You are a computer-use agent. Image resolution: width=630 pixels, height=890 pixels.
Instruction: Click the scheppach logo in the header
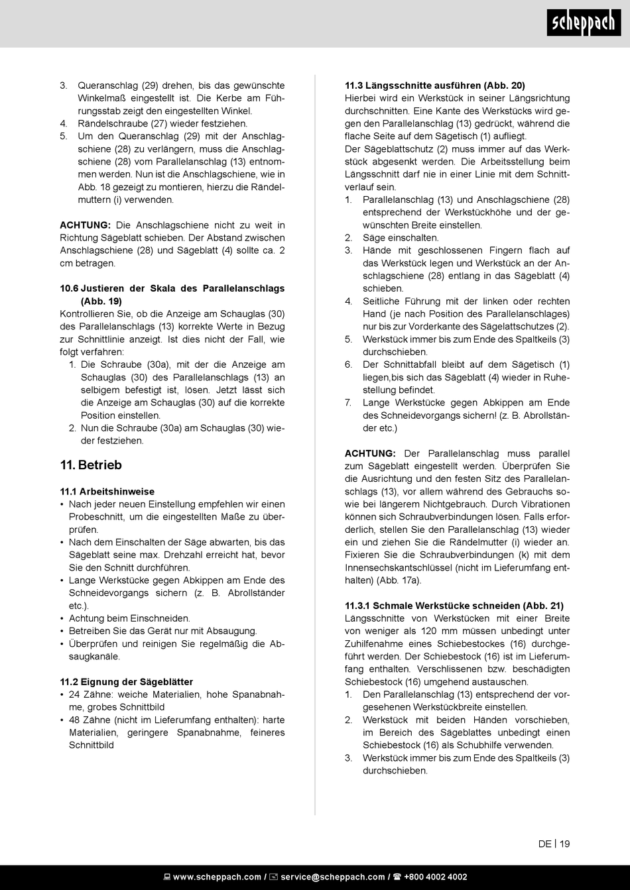pos(584,24)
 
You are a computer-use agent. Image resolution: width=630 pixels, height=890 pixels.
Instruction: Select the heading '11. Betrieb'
pos(91,465)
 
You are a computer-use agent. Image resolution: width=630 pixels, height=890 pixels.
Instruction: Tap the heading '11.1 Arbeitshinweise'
pos(107,492)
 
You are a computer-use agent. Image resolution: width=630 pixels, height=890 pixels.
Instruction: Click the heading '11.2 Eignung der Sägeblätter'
pos(127,682)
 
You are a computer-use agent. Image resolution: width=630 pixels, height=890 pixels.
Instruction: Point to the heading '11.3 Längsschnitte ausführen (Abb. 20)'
pos(435,85)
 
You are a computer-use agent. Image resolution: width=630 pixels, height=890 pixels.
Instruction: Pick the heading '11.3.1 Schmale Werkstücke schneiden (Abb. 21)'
pos(454,606)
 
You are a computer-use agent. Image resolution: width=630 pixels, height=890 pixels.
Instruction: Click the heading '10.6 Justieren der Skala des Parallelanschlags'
pos(172,288)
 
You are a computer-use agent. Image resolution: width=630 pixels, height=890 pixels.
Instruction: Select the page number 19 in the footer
pos(564,844)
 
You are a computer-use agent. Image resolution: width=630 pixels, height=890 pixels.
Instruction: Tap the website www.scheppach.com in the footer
pos(217,877)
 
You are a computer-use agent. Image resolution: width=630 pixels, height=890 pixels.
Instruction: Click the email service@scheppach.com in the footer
pos(332,877)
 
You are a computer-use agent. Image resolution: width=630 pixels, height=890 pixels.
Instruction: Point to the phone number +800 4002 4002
pos(435,877)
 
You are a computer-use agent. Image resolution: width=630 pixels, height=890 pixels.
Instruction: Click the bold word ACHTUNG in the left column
pos(85,225)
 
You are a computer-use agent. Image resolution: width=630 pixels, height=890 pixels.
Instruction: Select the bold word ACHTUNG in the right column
pos(370,453)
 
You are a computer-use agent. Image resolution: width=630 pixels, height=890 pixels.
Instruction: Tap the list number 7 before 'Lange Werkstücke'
pos(348,402)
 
